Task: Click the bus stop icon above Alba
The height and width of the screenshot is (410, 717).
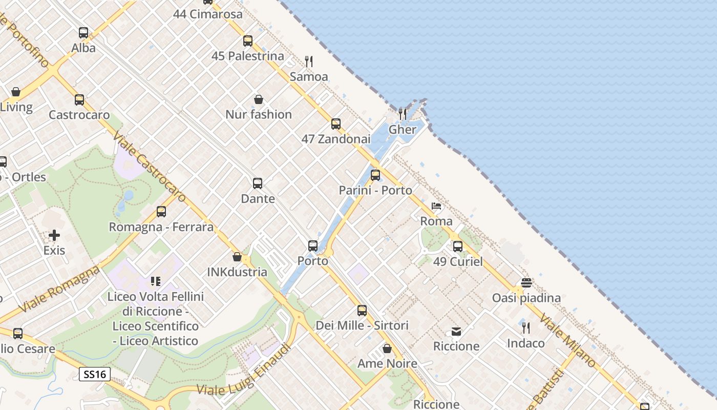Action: click(83, 33)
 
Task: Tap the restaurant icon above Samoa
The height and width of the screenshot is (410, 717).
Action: click(309, 61)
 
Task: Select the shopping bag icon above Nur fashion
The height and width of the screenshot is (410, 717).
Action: click(259, 99)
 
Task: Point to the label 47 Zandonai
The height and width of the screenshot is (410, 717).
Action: click(335, 139)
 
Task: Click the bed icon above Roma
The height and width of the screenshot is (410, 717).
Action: click(436, 206)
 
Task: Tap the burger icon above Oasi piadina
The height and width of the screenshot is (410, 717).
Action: click(526, 282)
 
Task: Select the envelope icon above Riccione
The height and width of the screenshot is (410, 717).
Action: click(456, 331)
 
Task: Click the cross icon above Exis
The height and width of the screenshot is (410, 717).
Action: click(54, 235)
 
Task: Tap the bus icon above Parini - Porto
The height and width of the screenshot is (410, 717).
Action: click(375, 175)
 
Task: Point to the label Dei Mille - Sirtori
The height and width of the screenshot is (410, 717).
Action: click(362, 325)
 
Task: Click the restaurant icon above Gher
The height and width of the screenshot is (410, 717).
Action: click(403, 114)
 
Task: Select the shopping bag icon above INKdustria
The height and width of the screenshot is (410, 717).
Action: click(237, 257)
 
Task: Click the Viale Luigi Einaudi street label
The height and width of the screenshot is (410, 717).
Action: click(244, 370)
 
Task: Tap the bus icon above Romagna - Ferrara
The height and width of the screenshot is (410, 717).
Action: click(161, 212)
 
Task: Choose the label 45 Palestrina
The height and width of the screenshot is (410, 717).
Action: click(248, 56)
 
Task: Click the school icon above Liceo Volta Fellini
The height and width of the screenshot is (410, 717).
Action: click(156, 281)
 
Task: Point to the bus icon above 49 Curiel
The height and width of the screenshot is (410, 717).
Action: click(458, 247)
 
